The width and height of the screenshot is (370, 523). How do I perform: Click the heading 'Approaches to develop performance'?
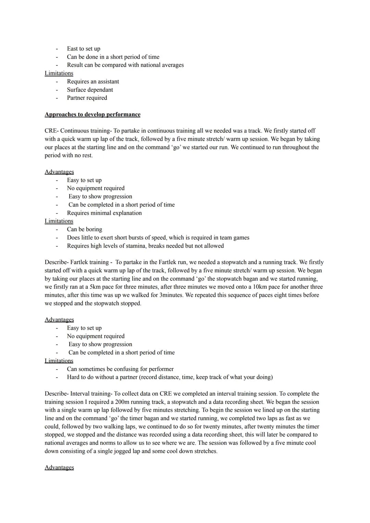92,115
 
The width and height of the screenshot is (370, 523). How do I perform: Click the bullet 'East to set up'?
84,49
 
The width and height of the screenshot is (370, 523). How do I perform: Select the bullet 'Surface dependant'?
90,90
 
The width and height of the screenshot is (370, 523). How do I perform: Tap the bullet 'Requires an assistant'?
93,82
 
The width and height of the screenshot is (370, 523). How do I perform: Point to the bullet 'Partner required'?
87,98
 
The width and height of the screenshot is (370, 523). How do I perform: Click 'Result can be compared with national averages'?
125,65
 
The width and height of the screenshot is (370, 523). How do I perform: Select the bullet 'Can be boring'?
84,229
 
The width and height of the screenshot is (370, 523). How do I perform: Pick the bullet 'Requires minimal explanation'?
104,213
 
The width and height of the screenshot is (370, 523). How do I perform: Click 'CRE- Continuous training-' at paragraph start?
77,131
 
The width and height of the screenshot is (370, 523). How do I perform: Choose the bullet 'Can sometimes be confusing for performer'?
120,369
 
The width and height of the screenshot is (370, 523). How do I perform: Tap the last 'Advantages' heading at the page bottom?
59,468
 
